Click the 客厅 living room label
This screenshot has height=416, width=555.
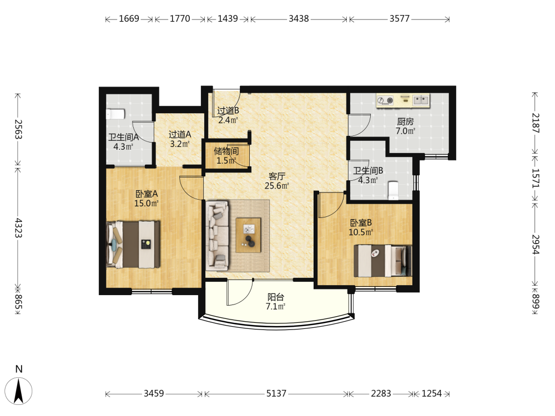click(277, 176)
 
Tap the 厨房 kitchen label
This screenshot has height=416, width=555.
click(405, 121)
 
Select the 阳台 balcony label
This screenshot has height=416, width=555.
click(276, 297)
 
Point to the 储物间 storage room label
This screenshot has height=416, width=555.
click(226, 151)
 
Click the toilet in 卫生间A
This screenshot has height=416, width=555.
click(115, 114)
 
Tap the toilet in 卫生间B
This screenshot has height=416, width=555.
click(393, 190)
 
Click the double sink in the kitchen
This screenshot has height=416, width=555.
click(421, 100)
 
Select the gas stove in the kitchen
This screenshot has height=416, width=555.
click(385, 100)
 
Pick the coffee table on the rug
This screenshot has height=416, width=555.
click(249, 235)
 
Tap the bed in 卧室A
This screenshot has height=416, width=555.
click(133, 244)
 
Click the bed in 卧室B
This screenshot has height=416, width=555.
click(383, 261)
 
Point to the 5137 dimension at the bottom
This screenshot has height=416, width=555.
click(276, 393)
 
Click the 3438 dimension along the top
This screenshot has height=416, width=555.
click(299, 18)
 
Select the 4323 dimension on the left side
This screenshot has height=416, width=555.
click(18, 228)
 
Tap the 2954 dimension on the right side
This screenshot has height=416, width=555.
click(536, 245)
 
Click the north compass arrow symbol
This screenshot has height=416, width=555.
click(19, 390)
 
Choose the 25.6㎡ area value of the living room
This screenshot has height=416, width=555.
click(277, 185)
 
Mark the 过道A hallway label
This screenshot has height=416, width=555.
click(180, 134)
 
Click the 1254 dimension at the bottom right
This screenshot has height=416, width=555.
click(431, 393)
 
